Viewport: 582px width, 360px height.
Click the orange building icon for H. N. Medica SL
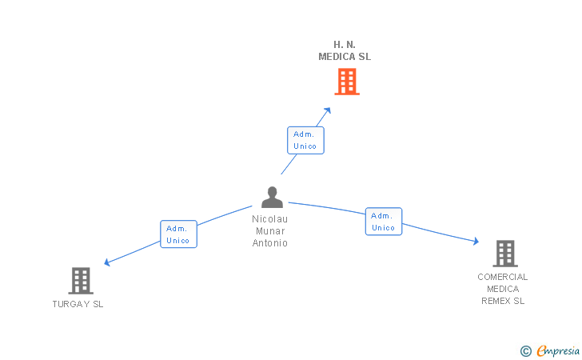pyautogui.click(x=347, y=82)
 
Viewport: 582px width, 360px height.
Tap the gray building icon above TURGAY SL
pyautogui.click(x=81, y=281)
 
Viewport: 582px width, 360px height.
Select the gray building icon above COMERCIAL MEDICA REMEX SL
pyautogui.click(x=505, y=254)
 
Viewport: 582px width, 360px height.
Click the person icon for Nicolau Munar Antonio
pyautogui.click(x=272, y=197)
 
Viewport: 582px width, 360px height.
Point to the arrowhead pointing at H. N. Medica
pyautogui.click(x=328, y=110)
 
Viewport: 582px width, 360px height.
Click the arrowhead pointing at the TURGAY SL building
pyautogui.click(x=107, y=262)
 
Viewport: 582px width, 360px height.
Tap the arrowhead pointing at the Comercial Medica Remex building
pyautogui.click(x=476, y=241)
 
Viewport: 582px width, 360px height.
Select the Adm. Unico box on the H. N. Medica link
pyautogui.click(x=305, y=140)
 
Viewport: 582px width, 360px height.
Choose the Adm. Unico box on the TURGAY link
pyautogui.click(x=178, y=234)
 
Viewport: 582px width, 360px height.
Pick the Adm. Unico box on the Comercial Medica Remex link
pyautogui.click(x=384, y=222)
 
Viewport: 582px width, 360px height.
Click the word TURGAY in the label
pyautogui.click(x=71, y=304)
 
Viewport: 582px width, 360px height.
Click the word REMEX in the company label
pyautogui.click(x=494, y=301)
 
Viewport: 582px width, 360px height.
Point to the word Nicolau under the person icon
pyautogui.click(x=270, y=219)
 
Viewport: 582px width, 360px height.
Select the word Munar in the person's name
pyautogui.click(x=270, y=230)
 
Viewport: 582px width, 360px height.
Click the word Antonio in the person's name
pyautogui.click(x=270, y=242)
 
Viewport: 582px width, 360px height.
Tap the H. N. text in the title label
pyautogui.click(x=345, y=45)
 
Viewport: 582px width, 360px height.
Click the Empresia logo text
pyautogui.click(x=558, y=350)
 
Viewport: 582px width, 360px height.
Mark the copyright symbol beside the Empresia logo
pyautogui.click(x=526, y=351)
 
